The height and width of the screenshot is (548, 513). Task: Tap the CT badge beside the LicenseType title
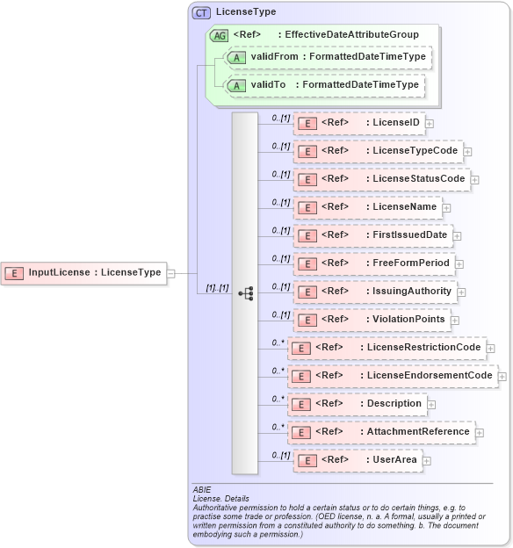coord(201,12)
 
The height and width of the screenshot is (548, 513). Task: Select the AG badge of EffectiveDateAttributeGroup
coord(218,35)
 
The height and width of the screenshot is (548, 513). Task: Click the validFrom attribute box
coord(327,57)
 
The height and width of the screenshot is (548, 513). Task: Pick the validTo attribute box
coord(324,85)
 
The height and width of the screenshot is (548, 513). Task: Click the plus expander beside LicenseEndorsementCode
coord(502,377)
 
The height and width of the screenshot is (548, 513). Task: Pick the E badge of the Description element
coord(301,404)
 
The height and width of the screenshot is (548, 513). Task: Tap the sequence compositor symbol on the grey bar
coord(246,292)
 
